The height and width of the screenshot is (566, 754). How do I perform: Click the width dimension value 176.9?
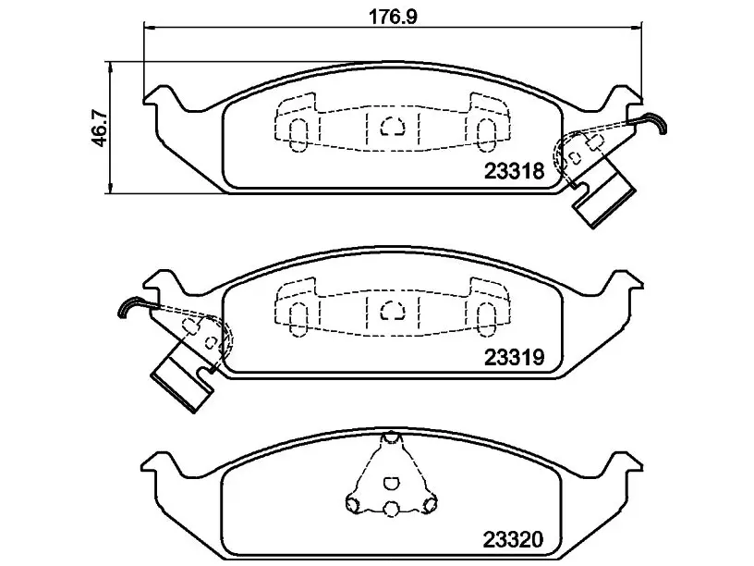click(x=393, y=17)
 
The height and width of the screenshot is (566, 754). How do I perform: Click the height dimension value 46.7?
click(x=101, y=128)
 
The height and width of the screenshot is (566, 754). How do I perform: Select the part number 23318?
click(x=514, y=171)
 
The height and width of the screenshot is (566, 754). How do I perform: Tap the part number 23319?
click(x=514, y=358)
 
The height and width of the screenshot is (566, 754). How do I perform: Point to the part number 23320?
click(x=513, y=539)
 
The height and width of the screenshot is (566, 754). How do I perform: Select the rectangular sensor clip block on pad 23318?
click(x=603, y=198)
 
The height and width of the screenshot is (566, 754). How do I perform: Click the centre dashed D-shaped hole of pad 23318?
click(x=393, y=127)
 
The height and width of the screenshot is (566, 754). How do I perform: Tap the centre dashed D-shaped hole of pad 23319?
click(x=393, y=311)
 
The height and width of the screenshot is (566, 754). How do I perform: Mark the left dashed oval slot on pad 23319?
click(x=298, y=319)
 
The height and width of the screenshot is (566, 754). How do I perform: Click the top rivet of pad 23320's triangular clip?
click(x=392, y=438)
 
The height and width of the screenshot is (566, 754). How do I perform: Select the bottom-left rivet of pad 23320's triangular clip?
click(x=353, y=503)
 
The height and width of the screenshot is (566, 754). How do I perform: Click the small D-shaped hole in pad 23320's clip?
click(x=391, y=483)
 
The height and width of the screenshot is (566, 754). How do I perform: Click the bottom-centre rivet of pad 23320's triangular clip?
click(x=392, y=508)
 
